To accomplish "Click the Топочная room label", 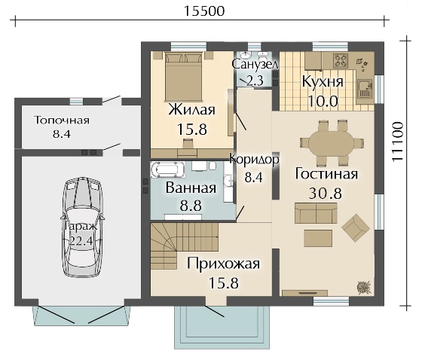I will [62, 121].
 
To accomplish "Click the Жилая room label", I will [191, 110].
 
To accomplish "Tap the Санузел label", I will [255, 65].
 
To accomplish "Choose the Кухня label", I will [323, 81].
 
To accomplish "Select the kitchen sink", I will [364, 88].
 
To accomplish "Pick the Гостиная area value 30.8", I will [326, 193].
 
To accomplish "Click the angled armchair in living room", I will [356, 226].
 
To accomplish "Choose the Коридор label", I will [254, 160].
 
